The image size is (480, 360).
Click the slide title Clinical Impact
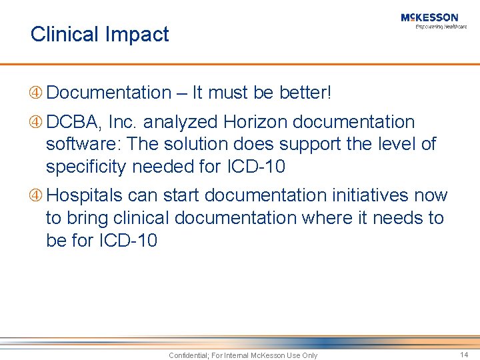point(100,34)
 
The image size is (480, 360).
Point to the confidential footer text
point(243,355)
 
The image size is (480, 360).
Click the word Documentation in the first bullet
point(109,93)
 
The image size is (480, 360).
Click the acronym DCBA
point(71,122)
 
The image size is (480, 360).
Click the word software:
point(83,144)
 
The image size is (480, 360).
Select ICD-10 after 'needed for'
point(255,166)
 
